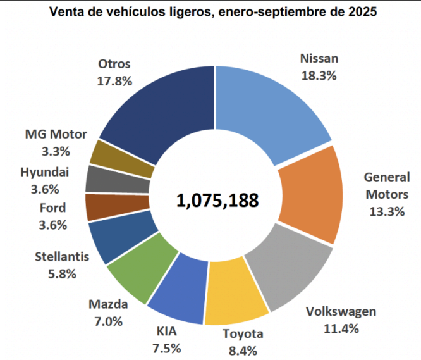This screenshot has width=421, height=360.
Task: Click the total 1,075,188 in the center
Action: (217, 201)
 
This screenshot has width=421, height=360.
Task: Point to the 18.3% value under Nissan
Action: (319, 75)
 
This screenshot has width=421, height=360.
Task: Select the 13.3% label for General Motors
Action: (386, 211)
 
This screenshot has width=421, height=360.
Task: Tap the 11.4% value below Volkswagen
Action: (341, 328)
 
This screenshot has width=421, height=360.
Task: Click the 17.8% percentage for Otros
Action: (114, 80)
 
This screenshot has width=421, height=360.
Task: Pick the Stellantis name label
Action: (62, 257)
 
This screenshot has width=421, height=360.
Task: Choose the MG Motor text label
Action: (56, 134)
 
